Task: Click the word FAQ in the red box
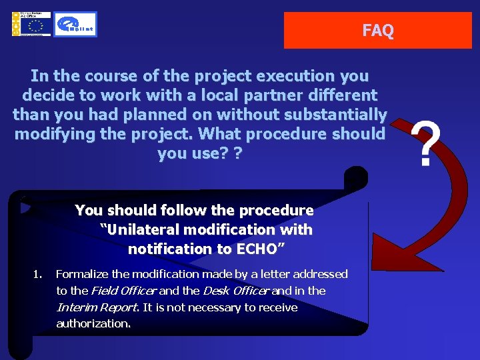(x=377, y=31)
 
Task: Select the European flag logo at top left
(x=30, y=24)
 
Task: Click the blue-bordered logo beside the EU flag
(x=75, y=25)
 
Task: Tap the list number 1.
(x=37, y=274)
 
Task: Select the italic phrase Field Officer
(x=123, y=291)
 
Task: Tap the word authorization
(x=93, y=324)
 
